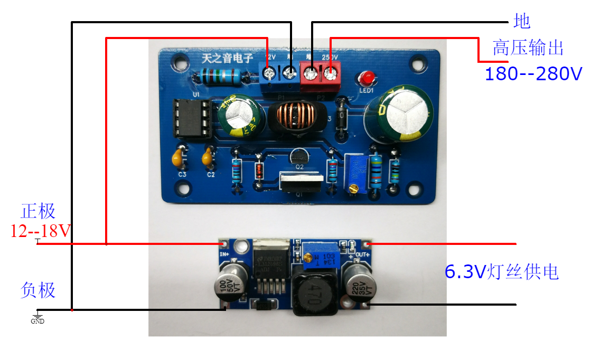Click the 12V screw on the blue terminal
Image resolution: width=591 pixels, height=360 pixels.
point(269,73)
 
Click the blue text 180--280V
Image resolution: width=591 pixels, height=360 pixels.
point(533,73)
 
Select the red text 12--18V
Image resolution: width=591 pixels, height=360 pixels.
point(40,231)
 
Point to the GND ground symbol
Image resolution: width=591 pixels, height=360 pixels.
point(37,317)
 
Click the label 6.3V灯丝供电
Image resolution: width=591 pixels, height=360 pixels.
point(501,272)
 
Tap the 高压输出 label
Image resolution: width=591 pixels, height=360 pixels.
point(528,48)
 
